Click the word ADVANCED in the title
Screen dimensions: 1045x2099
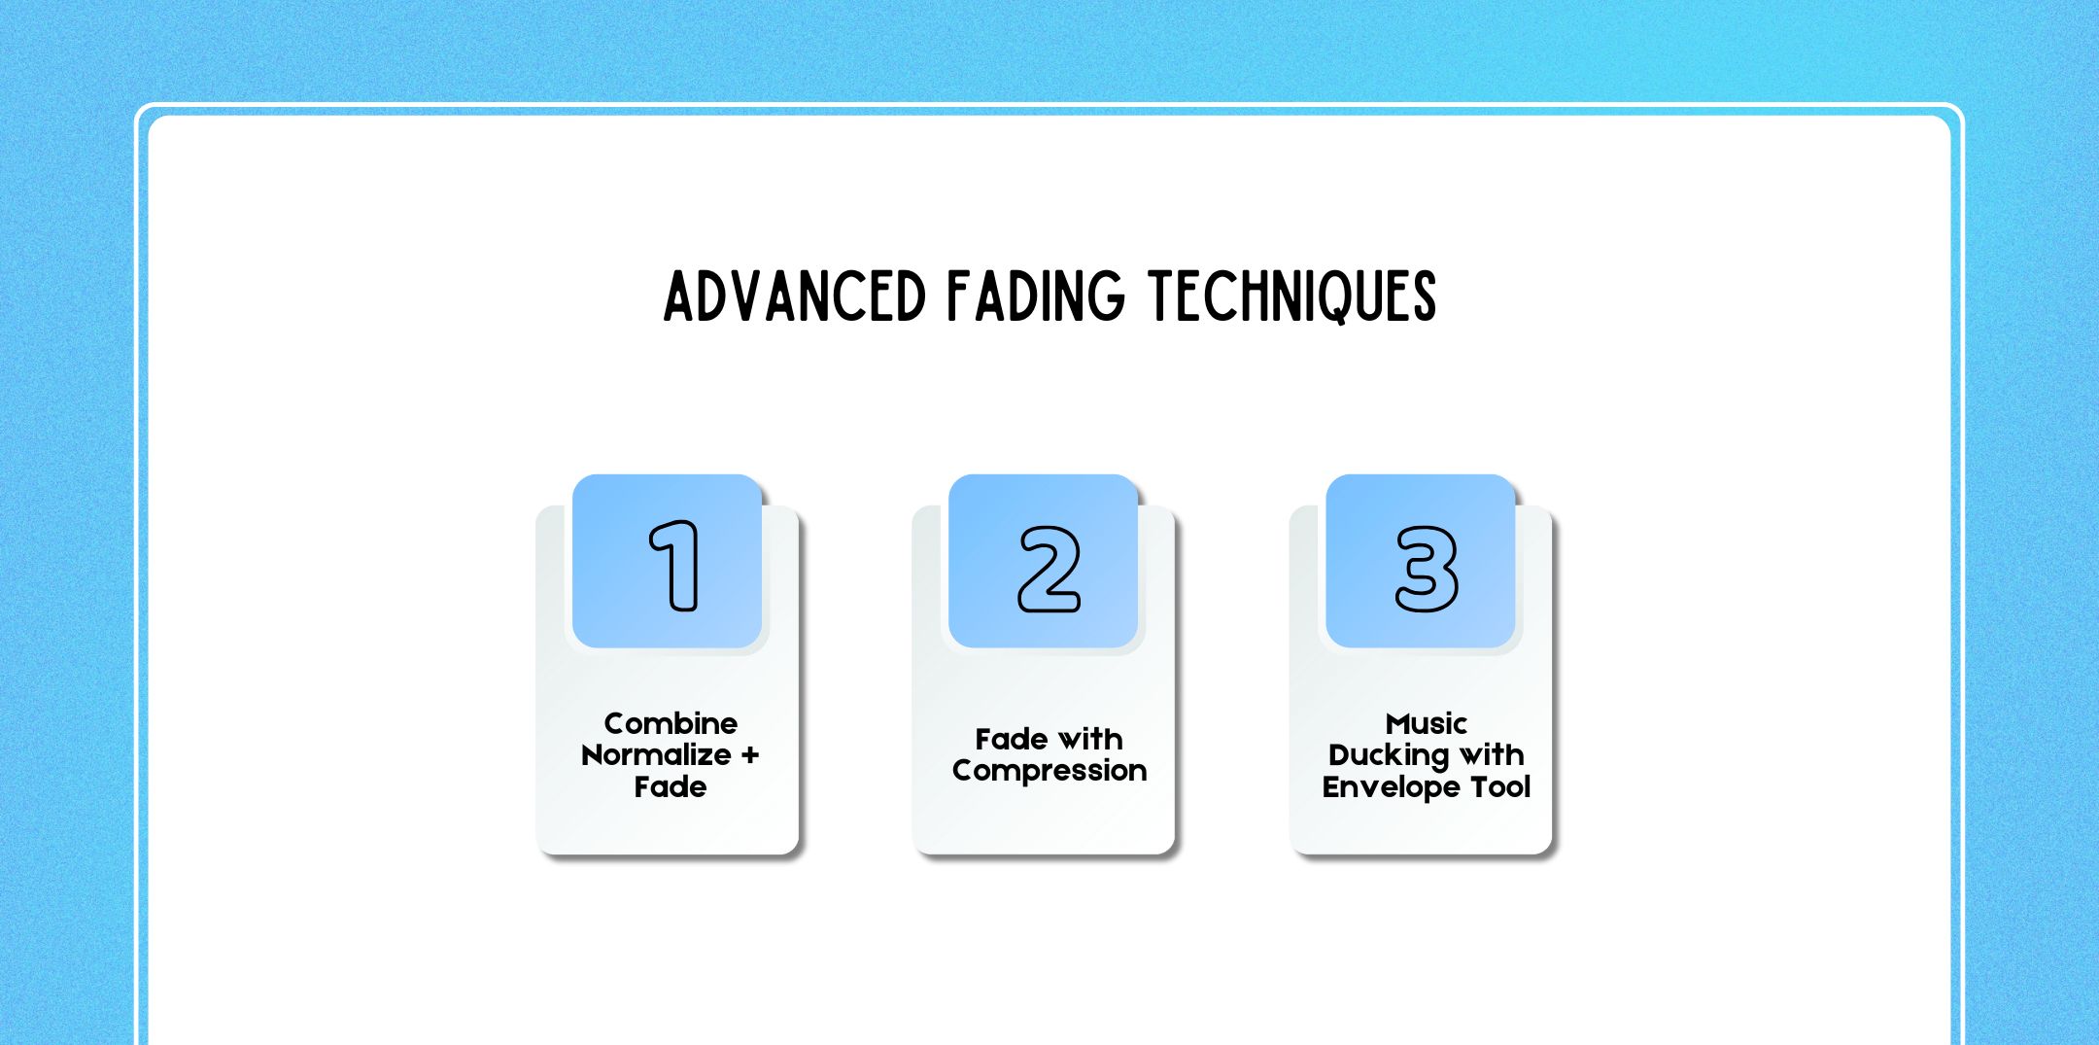coord(794,296)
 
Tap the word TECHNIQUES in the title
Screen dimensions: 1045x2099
coord(1292,296)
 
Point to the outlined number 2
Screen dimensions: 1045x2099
coord(1049,569)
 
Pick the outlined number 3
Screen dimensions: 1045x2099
coord(1426,569)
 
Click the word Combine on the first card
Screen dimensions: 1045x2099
coord(671,723)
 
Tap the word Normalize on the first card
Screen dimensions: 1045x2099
coord(656,755)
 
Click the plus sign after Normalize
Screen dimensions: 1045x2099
coord(749,755)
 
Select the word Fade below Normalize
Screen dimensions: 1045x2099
coord(671,786)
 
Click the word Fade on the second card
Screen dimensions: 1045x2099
coord(1012,740)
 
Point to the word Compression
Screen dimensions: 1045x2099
coord(1049,771)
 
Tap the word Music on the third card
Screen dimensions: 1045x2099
coord(1426,723)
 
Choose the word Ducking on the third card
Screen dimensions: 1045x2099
coord(1389,756)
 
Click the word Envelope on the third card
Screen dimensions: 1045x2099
coord(1392,787)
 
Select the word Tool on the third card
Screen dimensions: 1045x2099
coord(1501,786)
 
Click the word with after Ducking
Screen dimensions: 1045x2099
coord(1492,754)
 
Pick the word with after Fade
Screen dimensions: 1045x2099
coord(1090,740)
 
